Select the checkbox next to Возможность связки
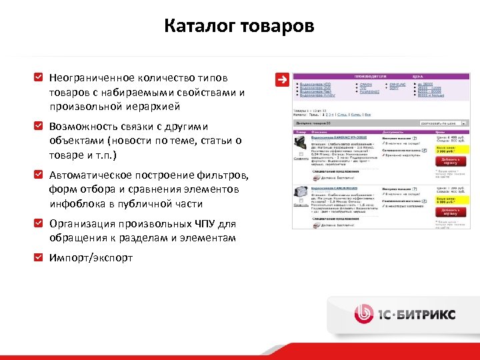(39, 125)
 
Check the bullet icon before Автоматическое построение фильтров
(39, 175)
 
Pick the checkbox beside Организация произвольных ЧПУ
(39, 224)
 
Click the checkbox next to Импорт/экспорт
(39, 257)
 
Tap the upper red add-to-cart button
(451, 161)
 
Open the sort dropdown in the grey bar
(443, 123)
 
